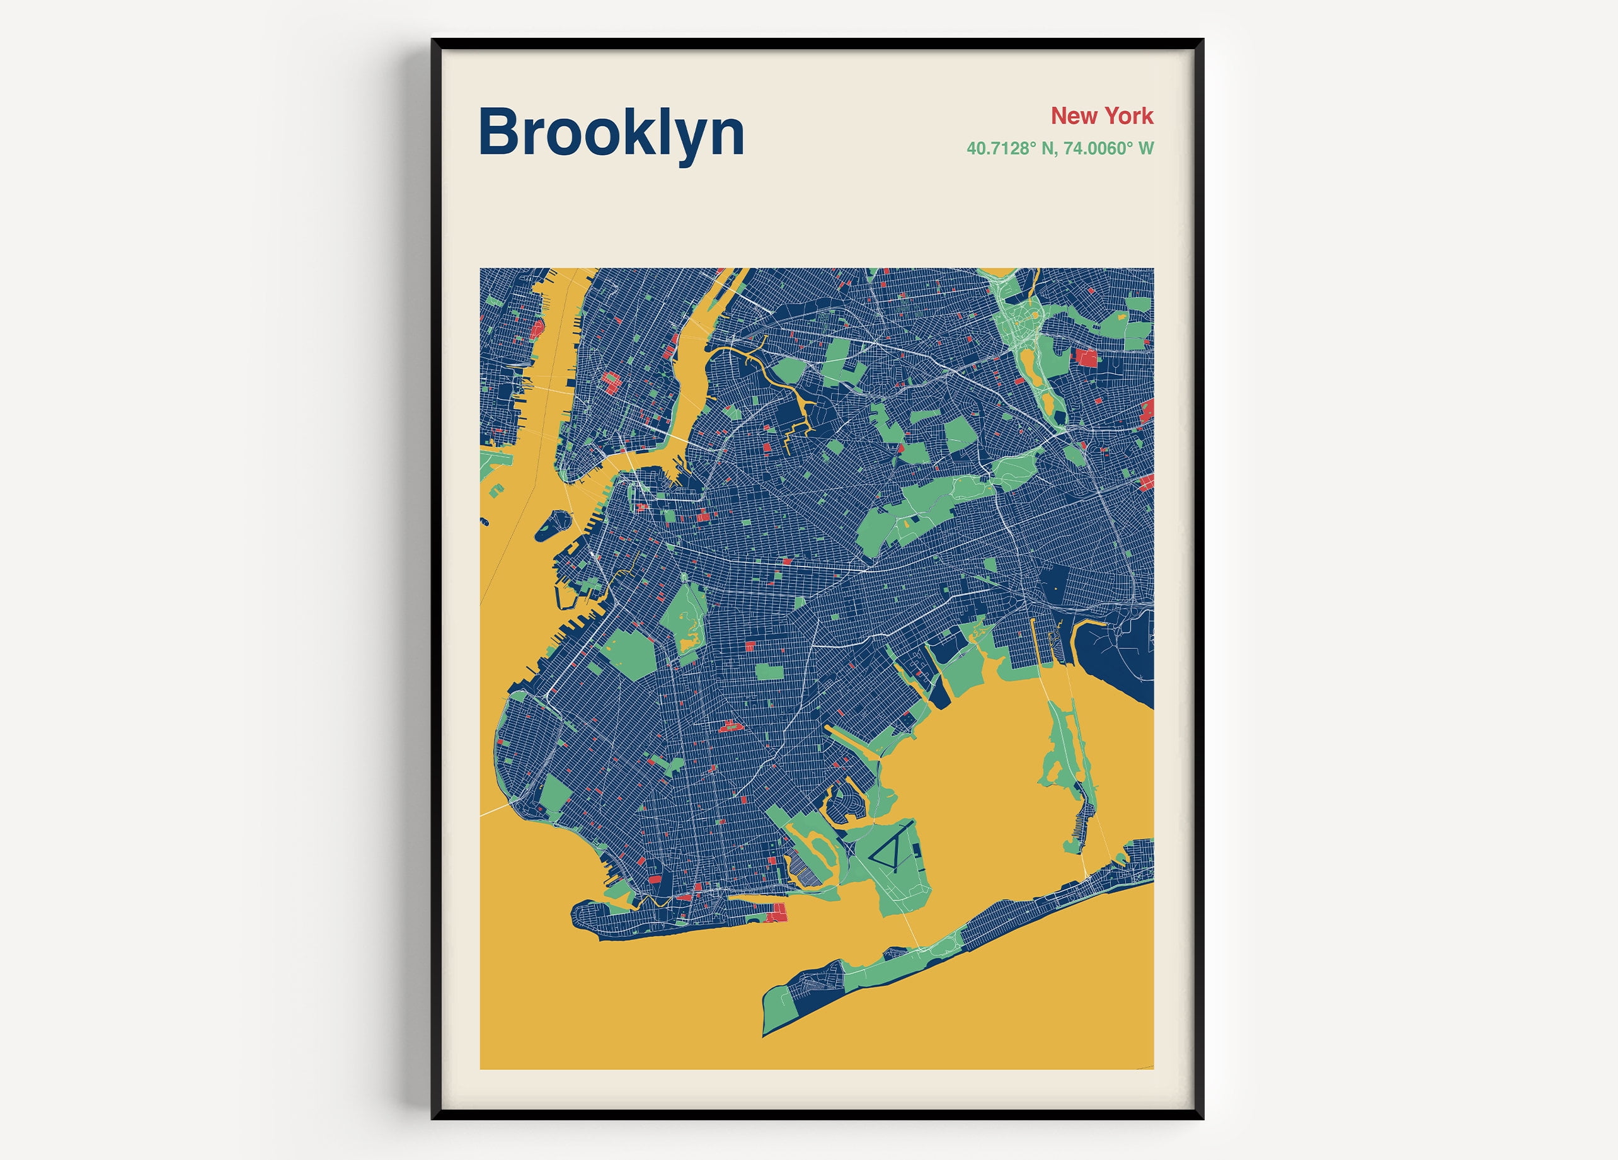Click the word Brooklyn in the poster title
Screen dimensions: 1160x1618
[611, 134]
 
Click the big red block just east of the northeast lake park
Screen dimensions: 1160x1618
[1086, 357]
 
